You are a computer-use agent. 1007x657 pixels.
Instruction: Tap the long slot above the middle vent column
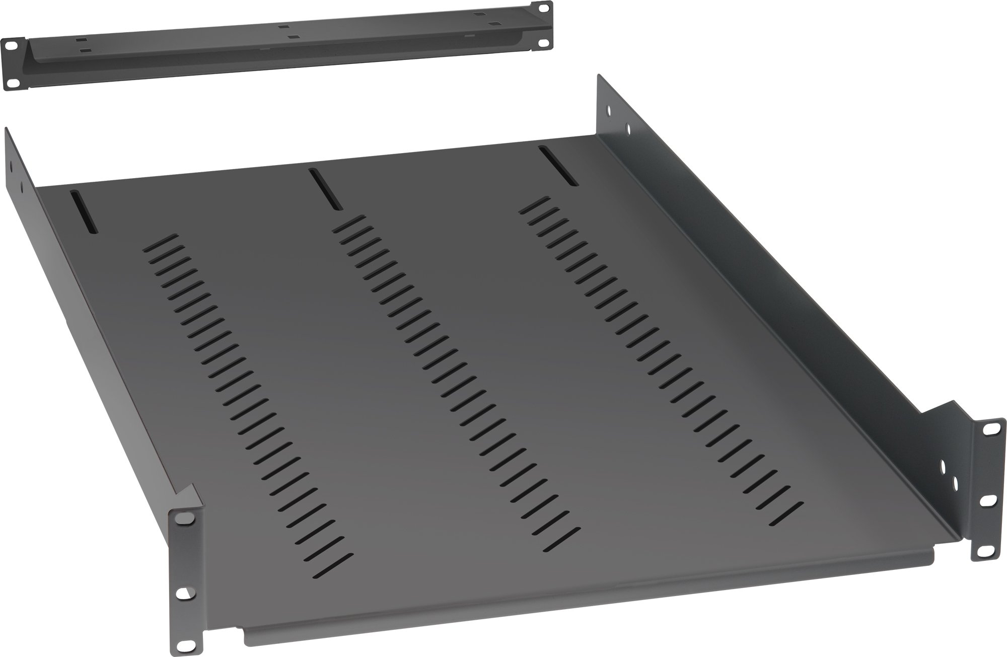point(325,189)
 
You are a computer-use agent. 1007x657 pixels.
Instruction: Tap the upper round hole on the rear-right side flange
point(610,109)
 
